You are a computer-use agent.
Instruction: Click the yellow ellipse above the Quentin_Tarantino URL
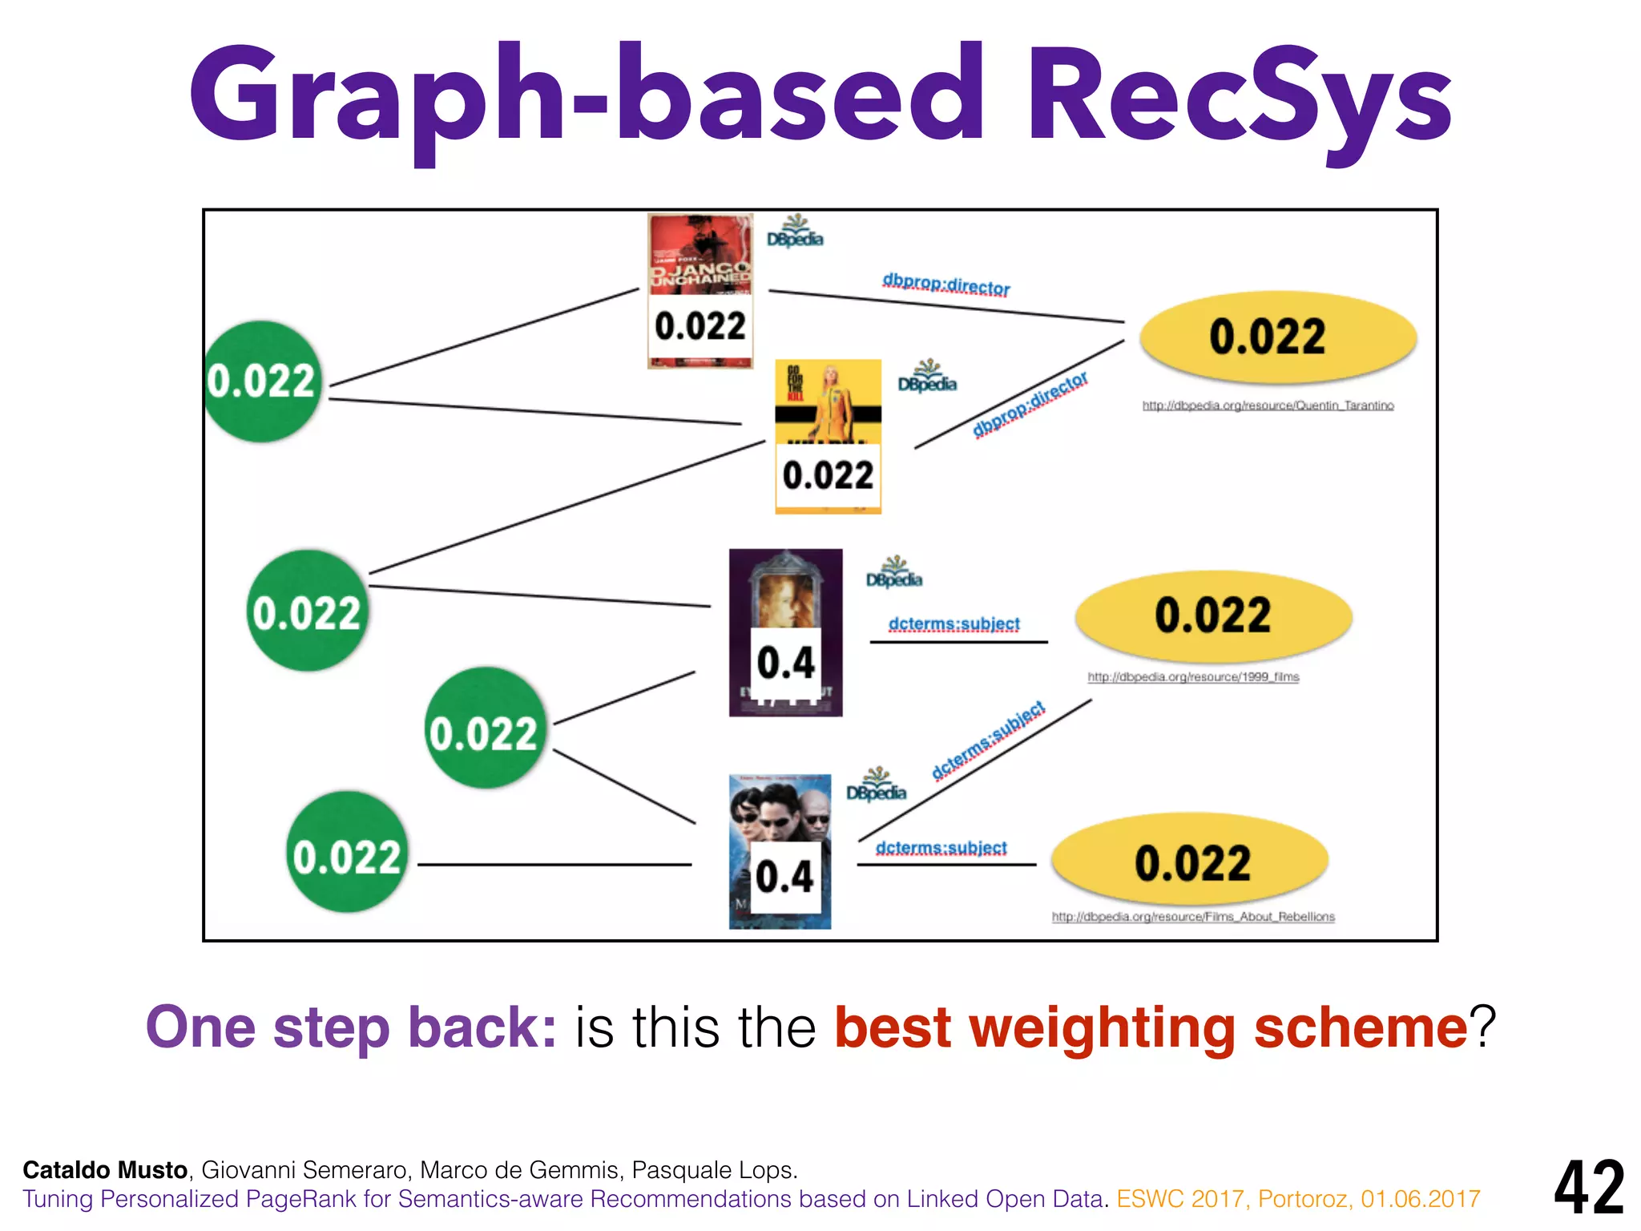click(1278, 337)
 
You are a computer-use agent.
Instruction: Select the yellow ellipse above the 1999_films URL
click(1213, 615)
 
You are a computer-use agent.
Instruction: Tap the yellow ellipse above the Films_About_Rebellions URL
click(1191, 862)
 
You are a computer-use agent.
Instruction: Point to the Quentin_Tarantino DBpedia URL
click(1268, 406)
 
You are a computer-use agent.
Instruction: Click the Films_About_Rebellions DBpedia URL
click(1193, 917)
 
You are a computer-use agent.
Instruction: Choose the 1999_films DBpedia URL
click(1193, 677)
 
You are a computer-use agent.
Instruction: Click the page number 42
click(1589, 1188)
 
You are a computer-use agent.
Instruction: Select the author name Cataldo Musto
click(105, 1170)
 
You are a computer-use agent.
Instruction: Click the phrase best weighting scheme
click(1151, 1028)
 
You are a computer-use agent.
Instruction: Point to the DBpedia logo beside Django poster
click(795, 232)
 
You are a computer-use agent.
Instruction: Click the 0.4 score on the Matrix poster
click(784, 877)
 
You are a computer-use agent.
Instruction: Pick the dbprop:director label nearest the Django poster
click(945, 285)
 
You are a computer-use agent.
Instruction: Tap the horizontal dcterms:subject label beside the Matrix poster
click(941, 848)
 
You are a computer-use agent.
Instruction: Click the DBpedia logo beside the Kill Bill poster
click(927, 377)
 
